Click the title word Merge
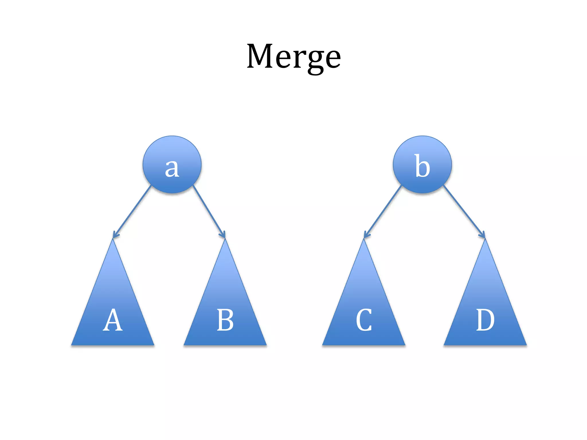[x=293, y=56]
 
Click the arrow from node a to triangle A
[x=132, y=212]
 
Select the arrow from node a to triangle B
[x=209, y=212]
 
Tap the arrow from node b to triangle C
[x=383, y=212]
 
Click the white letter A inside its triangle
[x=113, y=320]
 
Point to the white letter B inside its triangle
[x=225, y=320]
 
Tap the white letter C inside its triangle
[x=364, y=320]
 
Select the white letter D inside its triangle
[x=485, y=320]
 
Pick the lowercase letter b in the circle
[x=422, y=166]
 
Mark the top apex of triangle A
[x=113, y=240]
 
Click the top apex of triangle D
[x=485, y=240]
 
